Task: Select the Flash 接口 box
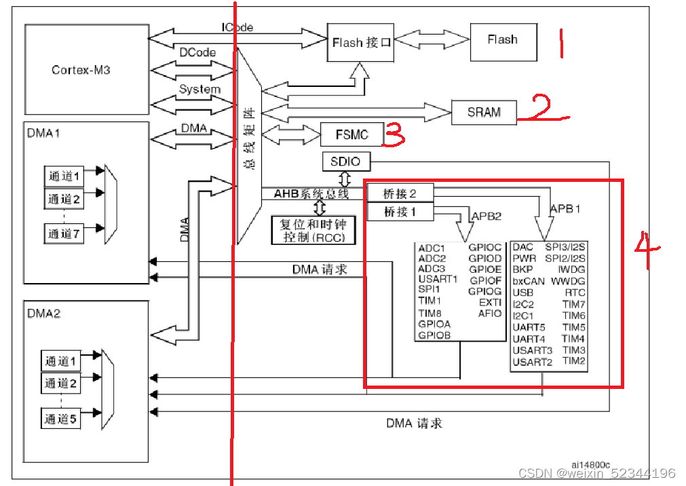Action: tap(360, 43)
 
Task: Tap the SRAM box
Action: tap(484, 113)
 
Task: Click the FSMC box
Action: tap(352, 134)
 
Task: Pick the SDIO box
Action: tap(346, 162)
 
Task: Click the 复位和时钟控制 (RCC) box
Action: tap(313, 230)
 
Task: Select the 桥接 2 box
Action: tap(400, 193)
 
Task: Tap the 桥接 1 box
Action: tap(400, 212)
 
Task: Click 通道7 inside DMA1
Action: tap(64, 233)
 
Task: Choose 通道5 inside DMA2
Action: tap(61, 419)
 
